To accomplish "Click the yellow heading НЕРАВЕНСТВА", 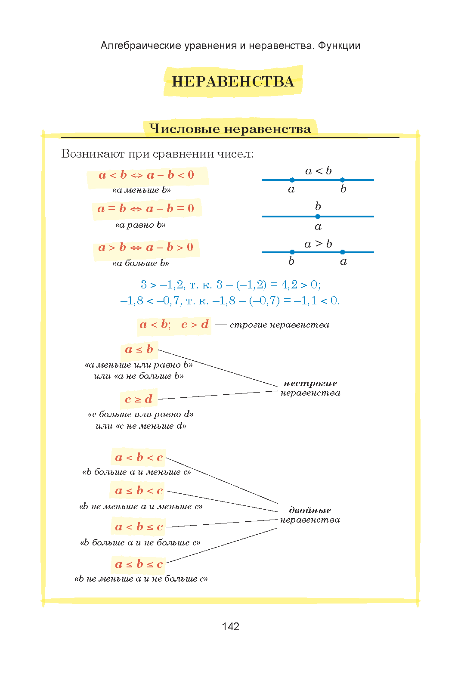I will point(233,81).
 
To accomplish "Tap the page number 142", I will point(230,626).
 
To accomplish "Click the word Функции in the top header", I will point(339,46).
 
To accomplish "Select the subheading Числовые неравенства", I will point(230,129).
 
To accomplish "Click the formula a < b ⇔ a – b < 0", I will point(146,175).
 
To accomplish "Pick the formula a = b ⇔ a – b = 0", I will point(146,209).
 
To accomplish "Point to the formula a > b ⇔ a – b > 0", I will point(146,248).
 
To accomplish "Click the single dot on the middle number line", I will point(318,217).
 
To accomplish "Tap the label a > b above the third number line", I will point(318,244).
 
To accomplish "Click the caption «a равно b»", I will point(140,225).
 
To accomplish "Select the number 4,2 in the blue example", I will point(289,285).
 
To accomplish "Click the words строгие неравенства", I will point(279,325).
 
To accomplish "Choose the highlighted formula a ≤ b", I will point(139,350).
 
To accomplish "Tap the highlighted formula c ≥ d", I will point(139,399).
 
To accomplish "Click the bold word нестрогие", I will point(310,383).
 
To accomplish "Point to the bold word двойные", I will point(310,510).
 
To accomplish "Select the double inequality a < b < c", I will point(139,458).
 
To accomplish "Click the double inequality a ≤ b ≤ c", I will point(139,564).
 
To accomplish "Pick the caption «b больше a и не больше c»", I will point(140,542).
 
